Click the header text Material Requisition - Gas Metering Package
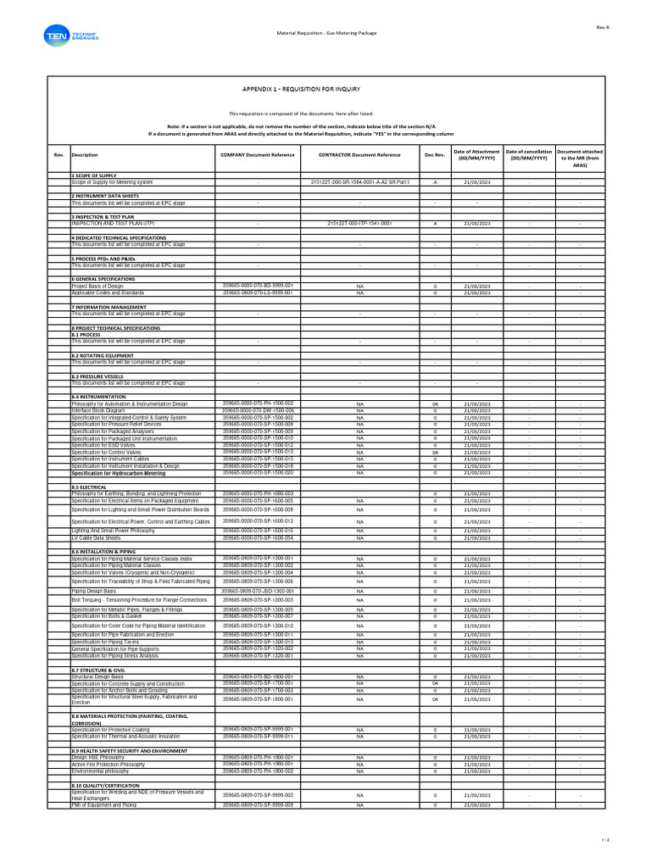[x=325, y=33]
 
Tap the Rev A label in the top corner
[x=604, y=27]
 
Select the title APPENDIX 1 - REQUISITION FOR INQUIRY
[x=301, y=88]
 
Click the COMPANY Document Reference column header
[x=257, y=155]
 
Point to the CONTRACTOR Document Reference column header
[x=359, y=155]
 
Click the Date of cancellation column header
[x=528, y=154]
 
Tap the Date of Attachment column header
[x=476, y=154]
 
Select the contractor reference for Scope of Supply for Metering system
[x=359, y=182]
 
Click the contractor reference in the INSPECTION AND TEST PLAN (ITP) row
[x=359, y=224]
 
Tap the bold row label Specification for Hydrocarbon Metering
[x=118, y=473]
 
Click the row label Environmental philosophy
[x=100, y=771]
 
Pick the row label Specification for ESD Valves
[x=103, y=445]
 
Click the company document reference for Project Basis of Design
[x=257, y=286]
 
